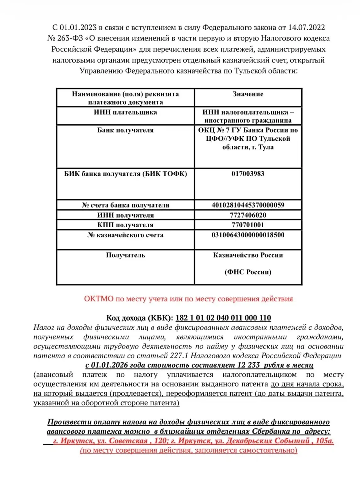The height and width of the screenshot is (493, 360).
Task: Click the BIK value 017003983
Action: (248, 174)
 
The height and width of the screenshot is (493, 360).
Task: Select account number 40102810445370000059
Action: (248, 205)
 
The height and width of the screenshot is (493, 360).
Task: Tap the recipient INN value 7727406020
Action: (248, 215)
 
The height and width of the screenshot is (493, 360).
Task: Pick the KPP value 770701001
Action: (248, 225)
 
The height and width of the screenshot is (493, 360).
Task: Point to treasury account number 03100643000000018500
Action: (248, 235)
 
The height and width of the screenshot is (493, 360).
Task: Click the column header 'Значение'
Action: (248, 94)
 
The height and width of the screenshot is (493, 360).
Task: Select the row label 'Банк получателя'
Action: (125, 130)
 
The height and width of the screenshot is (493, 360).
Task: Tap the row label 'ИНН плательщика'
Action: (125, 112)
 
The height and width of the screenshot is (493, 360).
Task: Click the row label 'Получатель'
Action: (125, 255)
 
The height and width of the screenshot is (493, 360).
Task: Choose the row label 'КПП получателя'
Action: (125, 225)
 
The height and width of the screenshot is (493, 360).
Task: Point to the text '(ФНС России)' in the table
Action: (248, 272)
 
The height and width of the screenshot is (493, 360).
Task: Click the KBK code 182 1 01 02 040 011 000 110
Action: (223, 318)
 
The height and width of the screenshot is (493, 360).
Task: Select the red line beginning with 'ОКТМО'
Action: (188, 299)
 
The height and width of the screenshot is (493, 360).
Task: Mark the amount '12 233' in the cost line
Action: (248, 365)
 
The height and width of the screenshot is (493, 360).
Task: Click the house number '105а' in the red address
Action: (325, 441)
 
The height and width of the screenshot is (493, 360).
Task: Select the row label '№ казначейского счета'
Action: (125, 235)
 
